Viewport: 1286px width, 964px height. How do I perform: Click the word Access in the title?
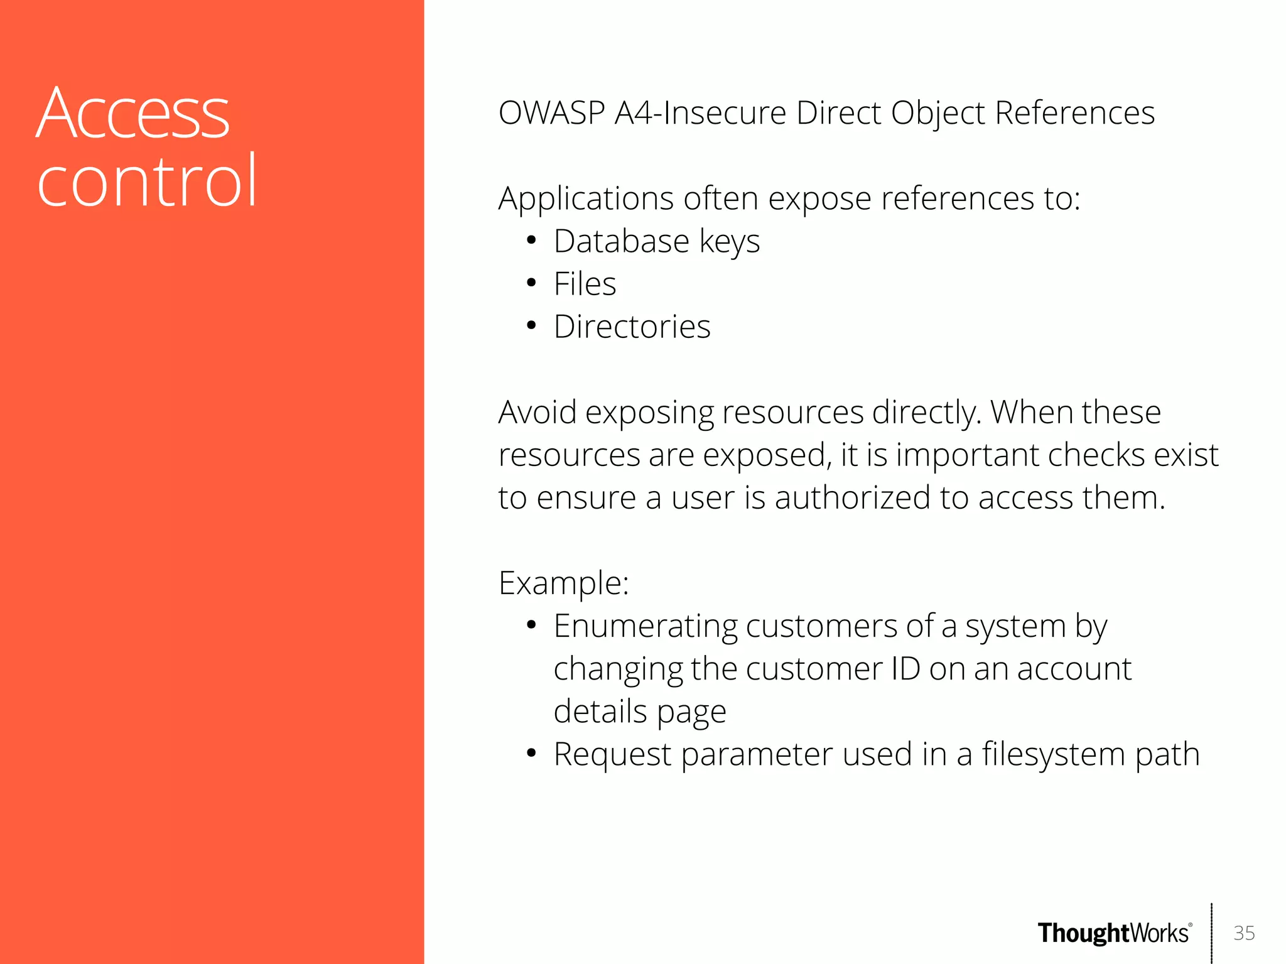133,114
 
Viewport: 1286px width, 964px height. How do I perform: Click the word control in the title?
148,182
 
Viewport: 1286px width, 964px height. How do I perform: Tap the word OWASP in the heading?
552,114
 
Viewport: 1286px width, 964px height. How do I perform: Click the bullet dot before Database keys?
531,241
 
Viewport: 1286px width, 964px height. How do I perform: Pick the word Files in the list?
585,284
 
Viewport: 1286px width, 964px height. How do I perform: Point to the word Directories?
632,327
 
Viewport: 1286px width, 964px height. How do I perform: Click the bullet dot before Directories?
531,327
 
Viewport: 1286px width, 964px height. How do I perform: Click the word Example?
563,583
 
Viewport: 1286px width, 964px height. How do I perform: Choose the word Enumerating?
646,627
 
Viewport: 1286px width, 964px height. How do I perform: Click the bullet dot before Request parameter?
531,754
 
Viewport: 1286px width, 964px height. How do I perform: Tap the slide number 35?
1244,933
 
